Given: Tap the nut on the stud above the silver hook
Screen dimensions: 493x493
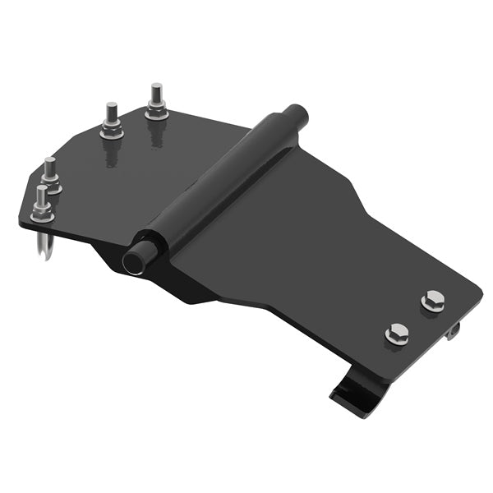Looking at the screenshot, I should pyautogui.click(x=42, y=215).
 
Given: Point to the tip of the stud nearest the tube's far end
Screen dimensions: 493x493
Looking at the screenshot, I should pyautogui.click(x=155, y=88).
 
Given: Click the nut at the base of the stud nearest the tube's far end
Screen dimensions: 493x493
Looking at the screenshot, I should pyautogui.click(x=156, y=113).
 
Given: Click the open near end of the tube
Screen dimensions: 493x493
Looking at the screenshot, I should pyautogui.click(x=133, y=260).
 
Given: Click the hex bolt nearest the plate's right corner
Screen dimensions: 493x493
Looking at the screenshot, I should pyautogui.click(x=433, y=302).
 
